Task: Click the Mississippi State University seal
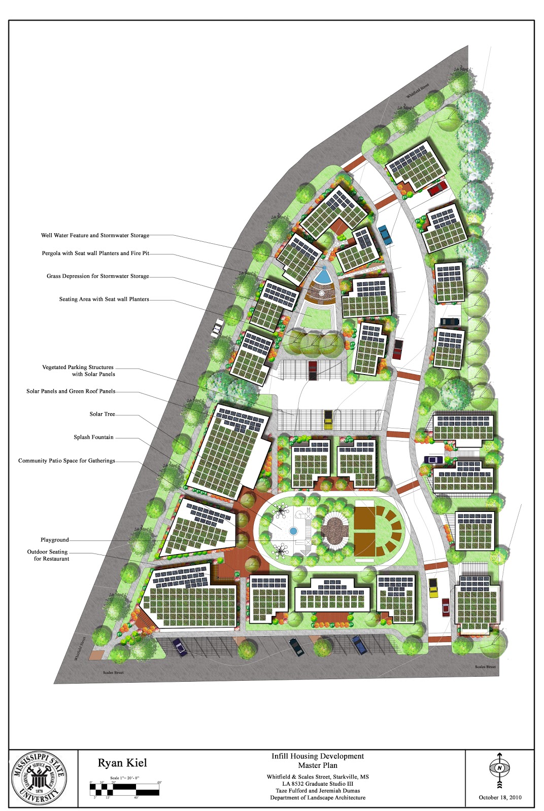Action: tap(39, 778)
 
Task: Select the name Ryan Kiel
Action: tap(122, 763)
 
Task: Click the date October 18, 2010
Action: tap(500, 797)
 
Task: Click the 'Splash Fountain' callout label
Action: tap(93, 437)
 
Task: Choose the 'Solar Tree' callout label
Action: tap(102, 414)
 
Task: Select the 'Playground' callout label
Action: tap(54, 540)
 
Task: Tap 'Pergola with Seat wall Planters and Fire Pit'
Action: tap(95, 253)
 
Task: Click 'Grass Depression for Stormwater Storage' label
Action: tap(98, 276)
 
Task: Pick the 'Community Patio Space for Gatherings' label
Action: tap(66, 461)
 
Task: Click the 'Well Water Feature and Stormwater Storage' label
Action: tap(95, 235)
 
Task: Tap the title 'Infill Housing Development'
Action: tap(318, 756)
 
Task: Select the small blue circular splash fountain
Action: tap(293, 531)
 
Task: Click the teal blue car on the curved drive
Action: tap(385, 235)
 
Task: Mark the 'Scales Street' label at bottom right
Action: tap(485, 667)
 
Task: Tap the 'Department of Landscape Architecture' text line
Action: tap(318, 797)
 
